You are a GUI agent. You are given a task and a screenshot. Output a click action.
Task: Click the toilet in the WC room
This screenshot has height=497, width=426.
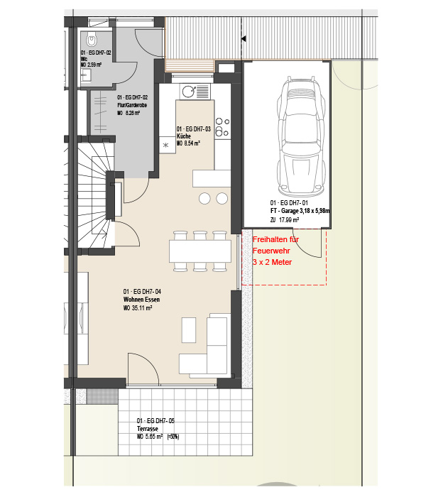[92, 40]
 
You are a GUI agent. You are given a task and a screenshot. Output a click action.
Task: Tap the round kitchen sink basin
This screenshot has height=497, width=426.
[189, 92]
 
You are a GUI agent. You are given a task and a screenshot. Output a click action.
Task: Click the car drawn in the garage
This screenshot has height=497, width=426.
[301, 136]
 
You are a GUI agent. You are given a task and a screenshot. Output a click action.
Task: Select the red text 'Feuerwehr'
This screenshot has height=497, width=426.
[271, 251]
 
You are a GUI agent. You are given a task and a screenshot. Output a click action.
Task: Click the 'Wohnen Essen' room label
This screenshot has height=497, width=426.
[141, 300]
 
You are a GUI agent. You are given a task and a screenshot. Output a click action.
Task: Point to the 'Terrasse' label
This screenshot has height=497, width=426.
[148, 429]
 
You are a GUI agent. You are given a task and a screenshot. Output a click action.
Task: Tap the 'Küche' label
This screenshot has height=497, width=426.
[184, 136]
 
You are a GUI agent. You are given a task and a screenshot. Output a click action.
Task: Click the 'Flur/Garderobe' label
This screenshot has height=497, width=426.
[132, 105]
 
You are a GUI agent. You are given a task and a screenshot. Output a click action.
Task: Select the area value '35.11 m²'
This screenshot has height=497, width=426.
[142, 307]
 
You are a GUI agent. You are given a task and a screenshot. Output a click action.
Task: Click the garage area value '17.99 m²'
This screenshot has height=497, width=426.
[289, 219]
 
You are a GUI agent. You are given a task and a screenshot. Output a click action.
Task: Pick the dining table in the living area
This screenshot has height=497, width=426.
[200, 251]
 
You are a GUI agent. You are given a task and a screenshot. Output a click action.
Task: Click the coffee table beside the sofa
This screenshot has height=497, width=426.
[189, 330]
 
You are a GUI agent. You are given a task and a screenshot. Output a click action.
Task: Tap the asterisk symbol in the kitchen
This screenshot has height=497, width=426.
[165, 146]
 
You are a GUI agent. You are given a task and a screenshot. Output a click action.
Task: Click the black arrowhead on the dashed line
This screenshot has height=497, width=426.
[244, 38]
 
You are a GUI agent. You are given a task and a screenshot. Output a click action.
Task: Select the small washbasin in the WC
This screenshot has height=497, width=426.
[86, 75]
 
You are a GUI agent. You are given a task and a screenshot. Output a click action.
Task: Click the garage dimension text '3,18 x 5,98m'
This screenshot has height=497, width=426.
[315, 211]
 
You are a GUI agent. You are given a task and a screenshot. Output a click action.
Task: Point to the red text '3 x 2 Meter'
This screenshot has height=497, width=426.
[272, 262]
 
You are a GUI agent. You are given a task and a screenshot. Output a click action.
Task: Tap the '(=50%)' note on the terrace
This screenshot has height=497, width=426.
[173, 437]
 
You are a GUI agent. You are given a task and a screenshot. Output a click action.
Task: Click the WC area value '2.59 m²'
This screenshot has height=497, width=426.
[94, 65]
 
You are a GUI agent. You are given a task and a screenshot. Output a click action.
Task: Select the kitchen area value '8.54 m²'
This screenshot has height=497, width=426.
[192, 143]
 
